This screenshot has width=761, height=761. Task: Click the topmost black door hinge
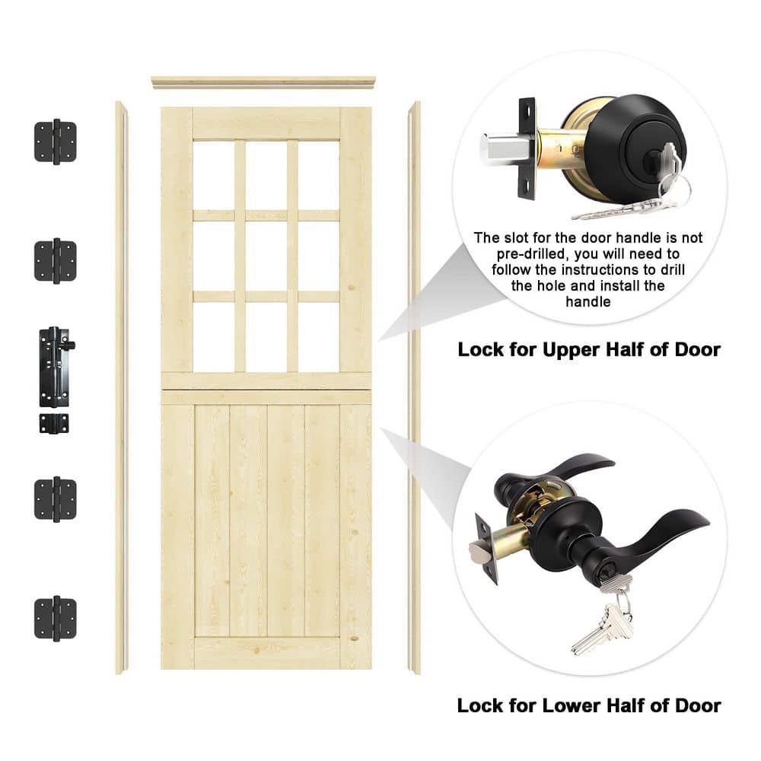click(x=56, y=142)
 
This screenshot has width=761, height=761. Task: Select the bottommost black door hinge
click(x=56, y=618)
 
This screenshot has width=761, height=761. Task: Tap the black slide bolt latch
click(x=55, y=367)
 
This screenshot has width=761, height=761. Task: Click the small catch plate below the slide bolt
click(x=54, y=423)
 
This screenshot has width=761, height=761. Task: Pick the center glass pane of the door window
click(x=266, y=256)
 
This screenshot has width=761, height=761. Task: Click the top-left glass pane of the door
click(x=214, y=175)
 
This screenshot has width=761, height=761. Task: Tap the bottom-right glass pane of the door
click(x=318, y=337)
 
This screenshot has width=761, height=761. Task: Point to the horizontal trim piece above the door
click(x=263, y=82)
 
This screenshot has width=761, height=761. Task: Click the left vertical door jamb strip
click(x=121, y=388)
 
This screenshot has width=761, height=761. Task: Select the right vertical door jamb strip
click(x=414, y=388)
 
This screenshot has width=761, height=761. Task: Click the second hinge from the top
click(x=56, y=261)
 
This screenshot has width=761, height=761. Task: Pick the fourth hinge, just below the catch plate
click(x=56, y=499)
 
